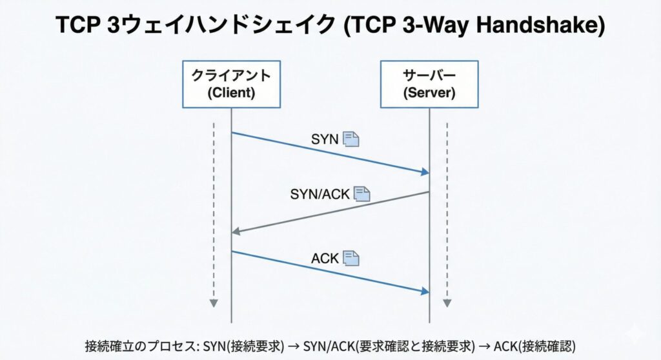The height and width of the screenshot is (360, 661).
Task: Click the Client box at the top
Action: [x=231, y=84]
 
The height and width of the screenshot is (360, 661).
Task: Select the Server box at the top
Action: [x=429, y=84]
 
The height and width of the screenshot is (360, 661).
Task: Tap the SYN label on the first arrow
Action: [x=325, y=139]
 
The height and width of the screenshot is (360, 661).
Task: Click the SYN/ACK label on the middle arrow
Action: [x=320, y=193]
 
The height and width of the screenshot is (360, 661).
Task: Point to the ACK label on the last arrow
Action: [x=325, y=259]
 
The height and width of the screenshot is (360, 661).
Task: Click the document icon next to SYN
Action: [x=351, y=139]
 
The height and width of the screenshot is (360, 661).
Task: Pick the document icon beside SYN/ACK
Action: [x=362, y=193]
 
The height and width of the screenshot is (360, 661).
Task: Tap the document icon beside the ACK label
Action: [x=351, y=259]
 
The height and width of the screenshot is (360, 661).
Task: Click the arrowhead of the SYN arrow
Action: [x=425, y=172]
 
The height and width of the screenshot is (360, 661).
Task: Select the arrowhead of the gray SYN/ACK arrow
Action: [x=236, y=231]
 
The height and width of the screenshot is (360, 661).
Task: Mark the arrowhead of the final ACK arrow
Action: [x=425, y=292]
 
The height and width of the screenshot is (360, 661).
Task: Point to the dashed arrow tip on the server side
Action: [x=447, y=303]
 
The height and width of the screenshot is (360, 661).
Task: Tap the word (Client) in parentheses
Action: [x=231, y=93]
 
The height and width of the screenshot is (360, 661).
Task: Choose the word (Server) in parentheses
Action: [x=429, y=93]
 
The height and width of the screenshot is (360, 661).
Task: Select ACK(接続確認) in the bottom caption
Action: [x=534, y=345]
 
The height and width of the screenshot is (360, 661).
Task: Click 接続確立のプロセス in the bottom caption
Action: [x=140, y=345]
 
